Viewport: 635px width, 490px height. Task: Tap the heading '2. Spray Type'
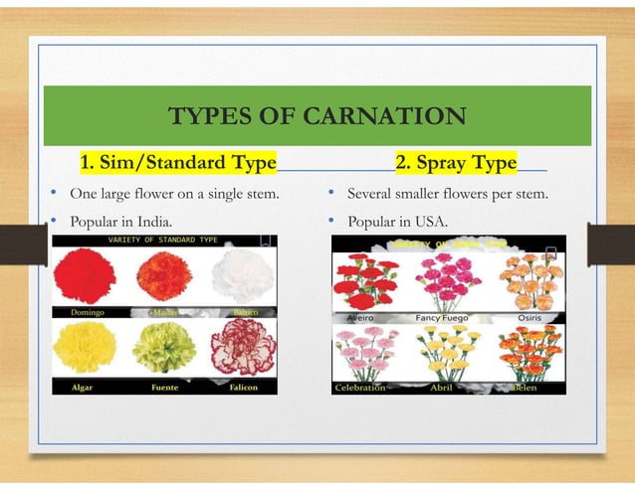point(456,162)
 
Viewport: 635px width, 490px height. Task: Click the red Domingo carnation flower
point(86,275)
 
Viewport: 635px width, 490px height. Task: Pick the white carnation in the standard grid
point(242,274)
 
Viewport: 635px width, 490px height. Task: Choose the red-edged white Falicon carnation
point(241,347)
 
